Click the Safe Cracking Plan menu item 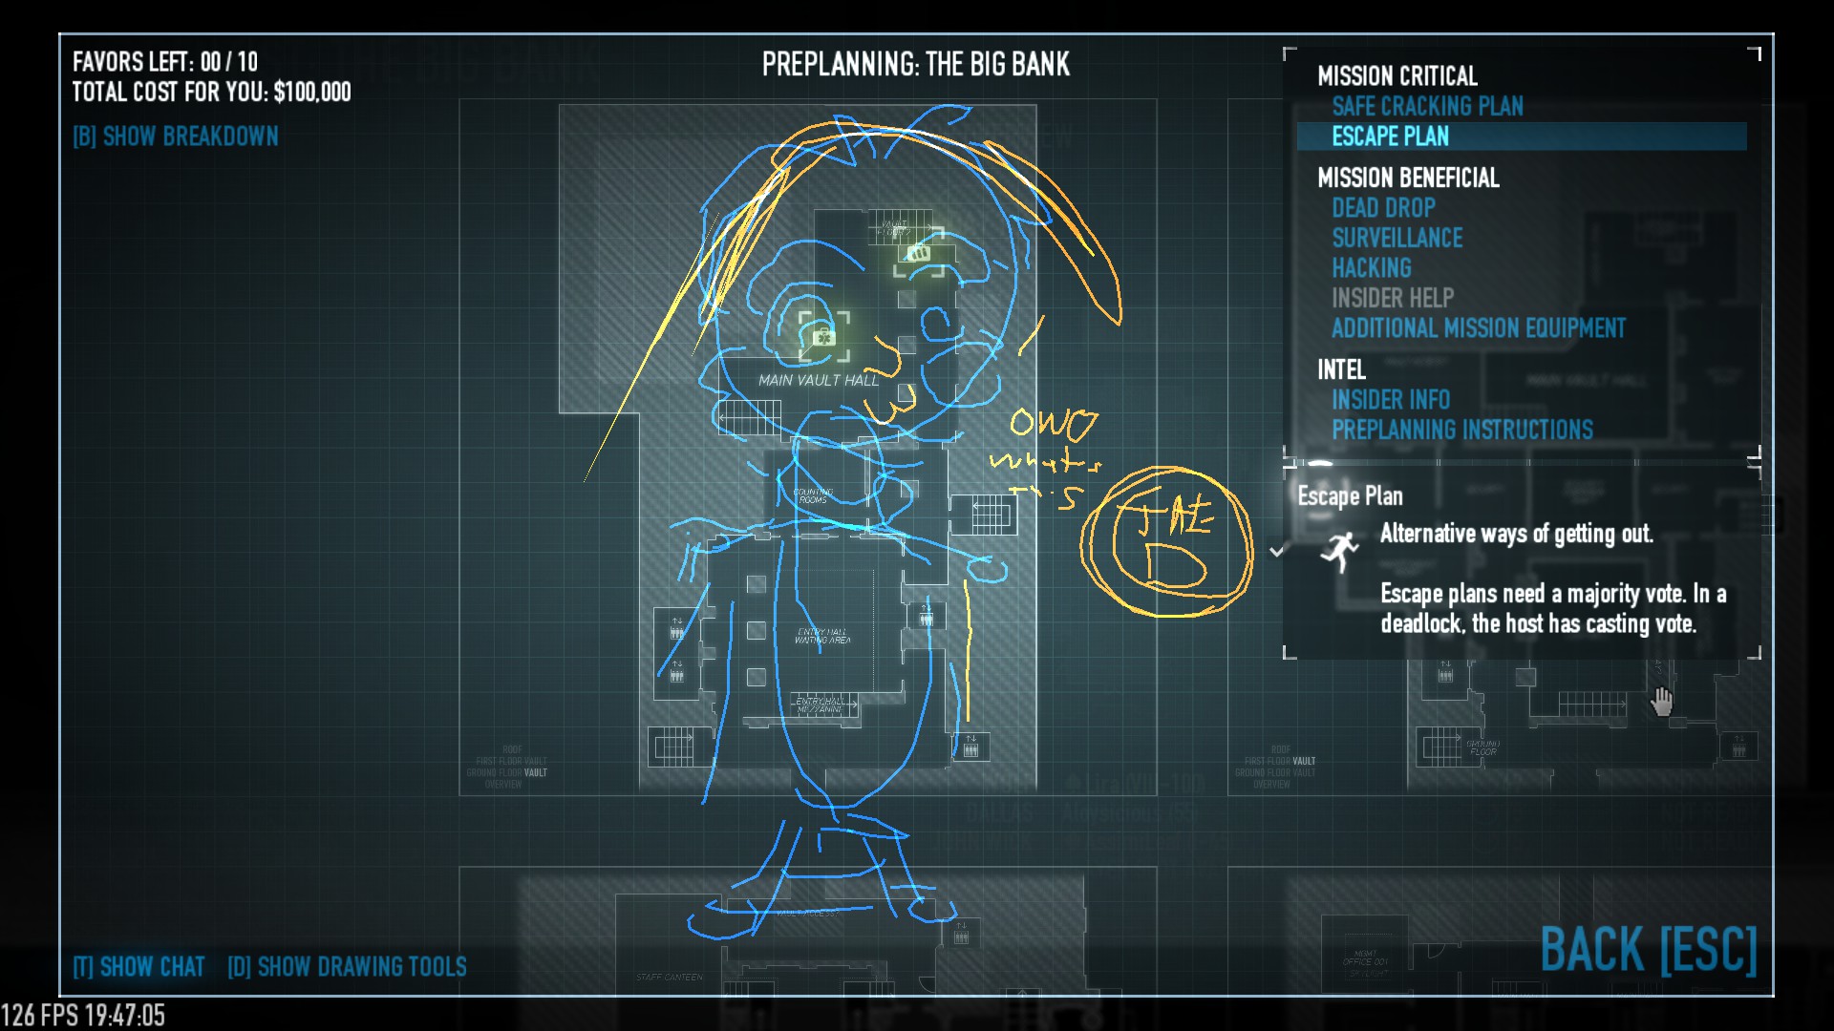[1427, 106]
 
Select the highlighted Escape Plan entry [1390, 137]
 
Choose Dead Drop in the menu [1383, 207]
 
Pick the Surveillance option [1397, 238]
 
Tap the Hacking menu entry [1371, 268]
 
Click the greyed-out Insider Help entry [1392, 298]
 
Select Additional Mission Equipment [1478, 328]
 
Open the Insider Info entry [1390, 399]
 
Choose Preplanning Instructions [1461, 430]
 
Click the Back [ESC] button [1648, 950]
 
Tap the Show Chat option [139, 967]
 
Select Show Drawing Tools [347, 967]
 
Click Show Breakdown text [176, 137]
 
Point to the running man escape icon [1340, 552]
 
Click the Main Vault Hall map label [819, 380]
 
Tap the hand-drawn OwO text [1053, 424]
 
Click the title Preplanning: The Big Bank [915, 64]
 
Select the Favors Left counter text [164, 62]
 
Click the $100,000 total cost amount [311, 92]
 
